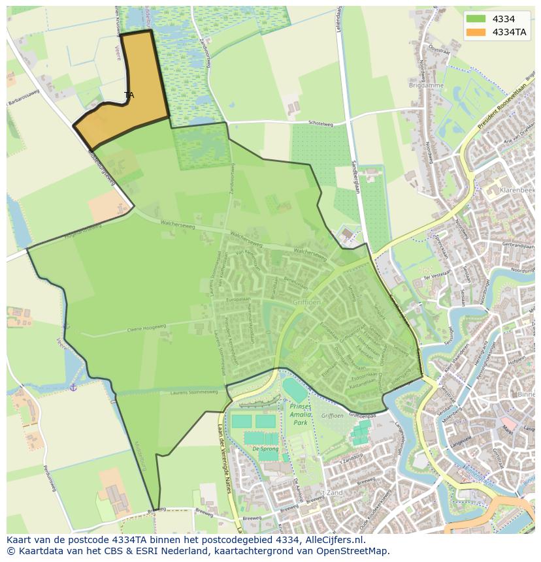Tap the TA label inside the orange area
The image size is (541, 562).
click(x=129, y=95)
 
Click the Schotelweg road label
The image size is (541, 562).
click(x=320, y=123)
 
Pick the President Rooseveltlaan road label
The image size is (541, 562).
click(x=501, y=108)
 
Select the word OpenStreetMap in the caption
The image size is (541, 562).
click(x=355, y=551)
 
